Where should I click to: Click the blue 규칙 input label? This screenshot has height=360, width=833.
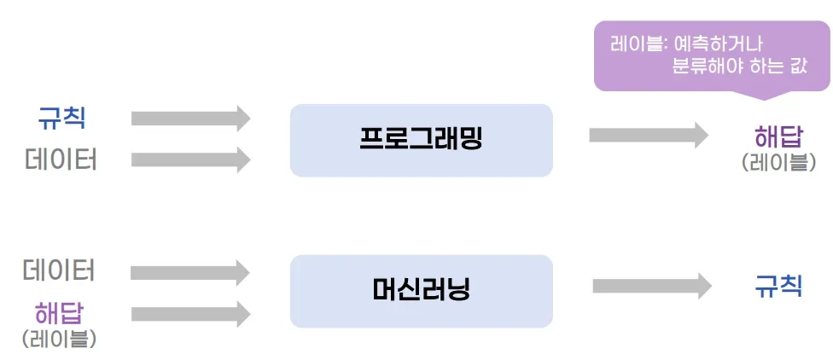pyautogui.click(x=61, y=118)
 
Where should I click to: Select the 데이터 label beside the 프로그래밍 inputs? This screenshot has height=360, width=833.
pyautogui.click(x=61, y=160)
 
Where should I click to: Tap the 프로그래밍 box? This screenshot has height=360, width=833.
pyautogui.click(x=422, y=140)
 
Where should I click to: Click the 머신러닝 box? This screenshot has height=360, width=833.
pyautogui.click(x=422, y=291)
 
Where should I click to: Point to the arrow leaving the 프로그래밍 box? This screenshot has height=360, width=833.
pyautogui.click(x=649, y=135)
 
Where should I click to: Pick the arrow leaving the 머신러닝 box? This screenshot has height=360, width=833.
pyautogui.click(x=652, y=286)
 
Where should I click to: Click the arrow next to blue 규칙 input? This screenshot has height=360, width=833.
pyautogui.click(x=190, y=118)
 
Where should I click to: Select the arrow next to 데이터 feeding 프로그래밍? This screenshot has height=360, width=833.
pyautogui.click(x=190, y=160)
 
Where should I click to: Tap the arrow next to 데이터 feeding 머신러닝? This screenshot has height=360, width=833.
pyautogui.click(x=190, y=272)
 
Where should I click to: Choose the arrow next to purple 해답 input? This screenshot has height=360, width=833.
pyautogui.click(x=190, y=314)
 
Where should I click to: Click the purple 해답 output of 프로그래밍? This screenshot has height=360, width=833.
pyautogui.click(x=778, y=138)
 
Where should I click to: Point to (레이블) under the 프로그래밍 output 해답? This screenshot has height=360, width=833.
pyautogui.click(x=778, y=162)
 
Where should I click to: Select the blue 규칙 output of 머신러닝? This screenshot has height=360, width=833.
pyautogui.click(x=778, y=286)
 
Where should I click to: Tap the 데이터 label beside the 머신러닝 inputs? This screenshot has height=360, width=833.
pyautogui.click(x=59, y=270)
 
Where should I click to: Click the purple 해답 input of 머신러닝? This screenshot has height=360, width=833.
pyautogui.click(x=59, y=313)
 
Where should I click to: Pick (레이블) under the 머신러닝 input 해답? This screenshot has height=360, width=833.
pyautogui.click(x=59, y=339)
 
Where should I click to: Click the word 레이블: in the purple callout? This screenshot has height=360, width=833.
pyautogui.click(x=638, y=44)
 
